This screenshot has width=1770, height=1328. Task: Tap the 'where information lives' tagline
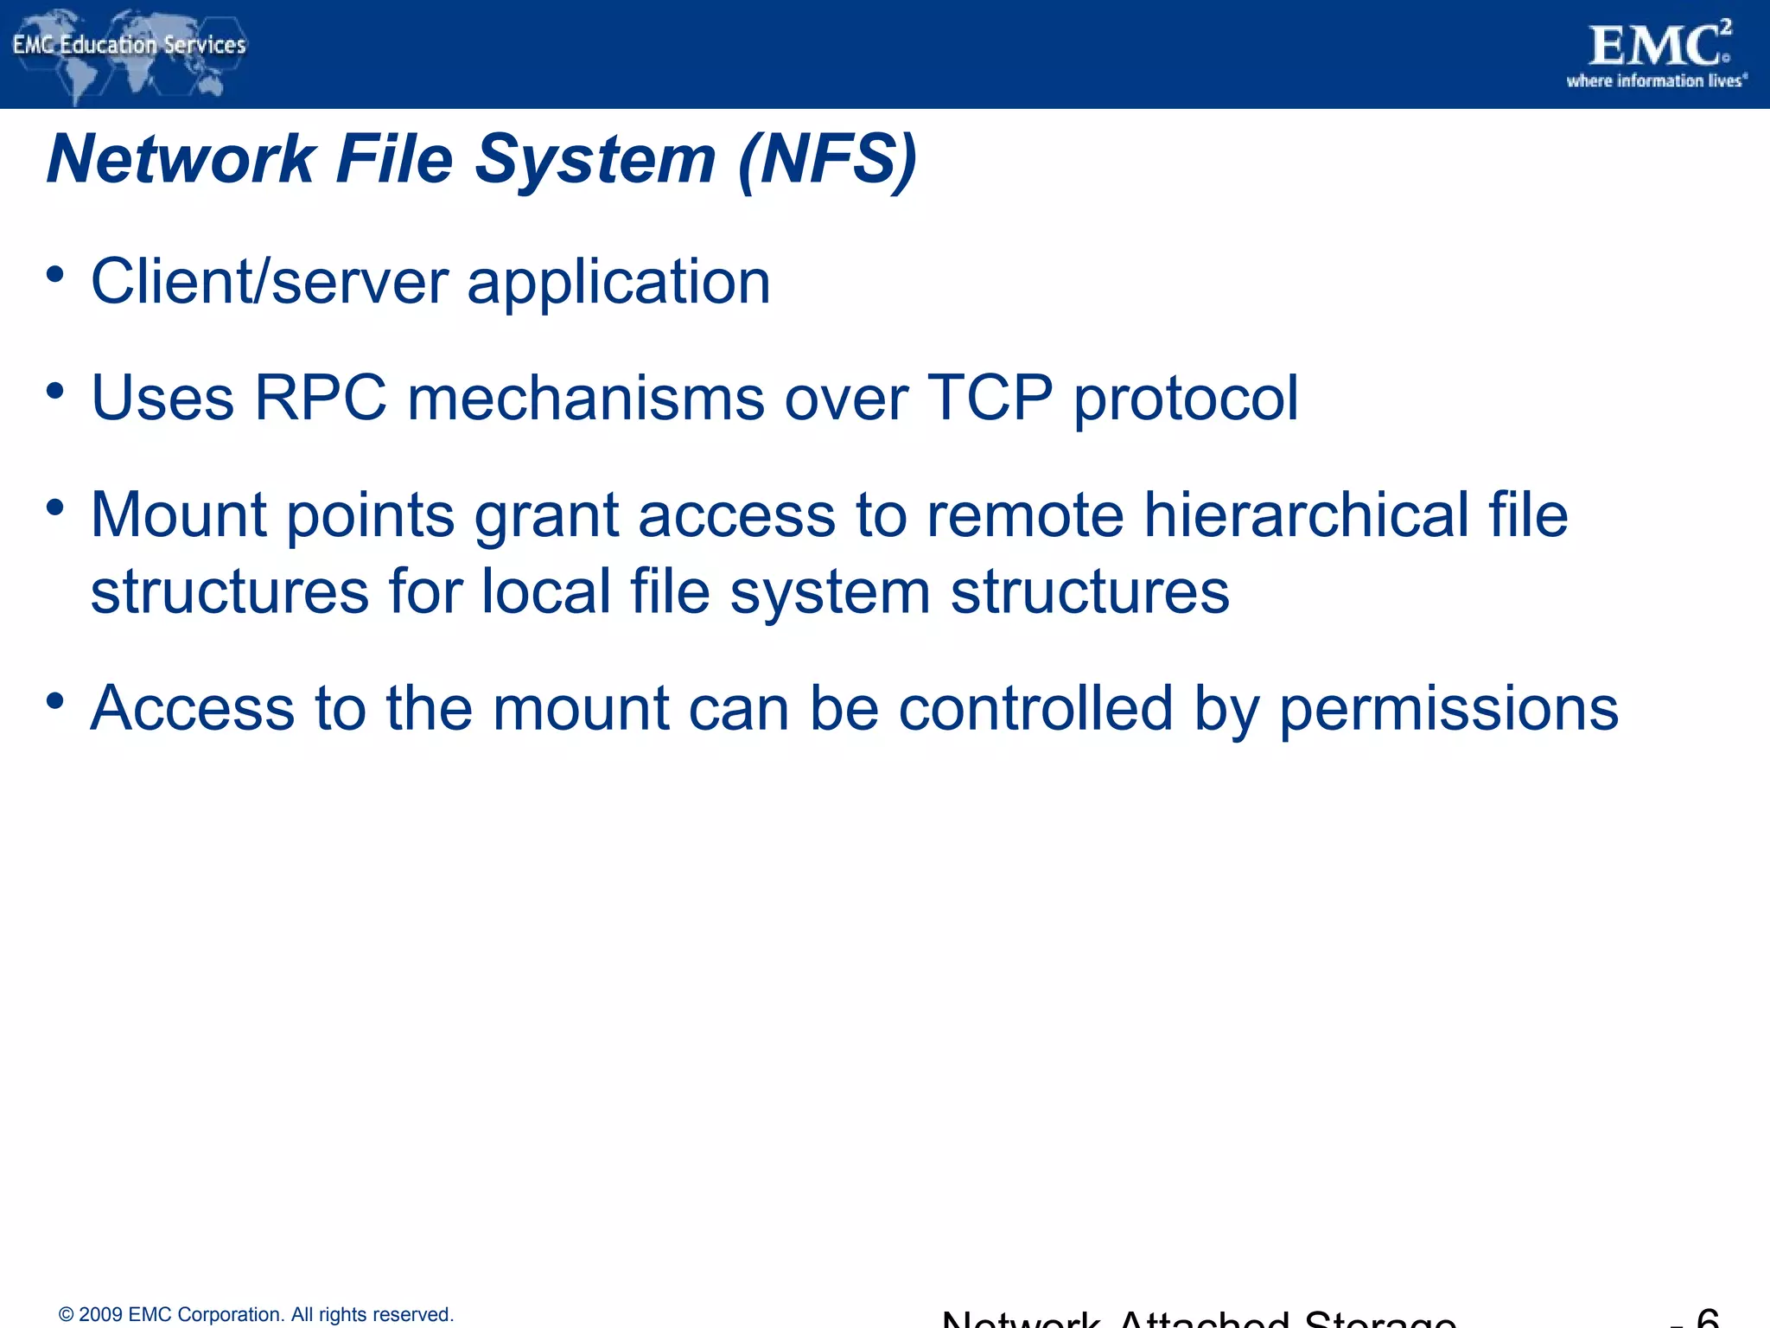[x=1657, y=81]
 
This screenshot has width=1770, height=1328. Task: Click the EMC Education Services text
[x=130, y=45]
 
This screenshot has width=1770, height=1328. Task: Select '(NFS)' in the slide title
[x=827, y=160]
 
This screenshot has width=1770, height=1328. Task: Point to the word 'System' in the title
[x=595, y=160]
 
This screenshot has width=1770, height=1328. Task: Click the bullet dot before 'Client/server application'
[x=55, y=275]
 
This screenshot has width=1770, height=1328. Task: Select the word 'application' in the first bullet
[x=619, y=283]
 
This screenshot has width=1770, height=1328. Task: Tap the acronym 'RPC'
[x=321, y=399]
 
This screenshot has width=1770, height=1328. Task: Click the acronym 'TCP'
[x=990, y=399]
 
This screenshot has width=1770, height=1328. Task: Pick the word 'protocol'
[x=1186, y=399]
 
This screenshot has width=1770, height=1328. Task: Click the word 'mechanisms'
[x=586, y=399]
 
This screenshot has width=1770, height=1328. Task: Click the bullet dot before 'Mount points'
[x=55, y=508]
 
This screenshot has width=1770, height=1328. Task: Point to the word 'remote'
[x=1025, y=515]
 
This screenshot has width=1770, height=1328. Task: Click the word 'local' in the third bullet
[x=546, y=592]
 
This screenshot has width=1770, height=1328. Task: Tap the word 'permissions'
[x=1448, y=709]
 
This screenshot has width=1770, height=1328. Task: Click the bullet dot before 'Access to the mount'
[x=55, y=701]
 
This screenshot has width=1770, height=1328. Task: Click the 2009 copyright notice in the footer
[x=257, y=1314]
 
